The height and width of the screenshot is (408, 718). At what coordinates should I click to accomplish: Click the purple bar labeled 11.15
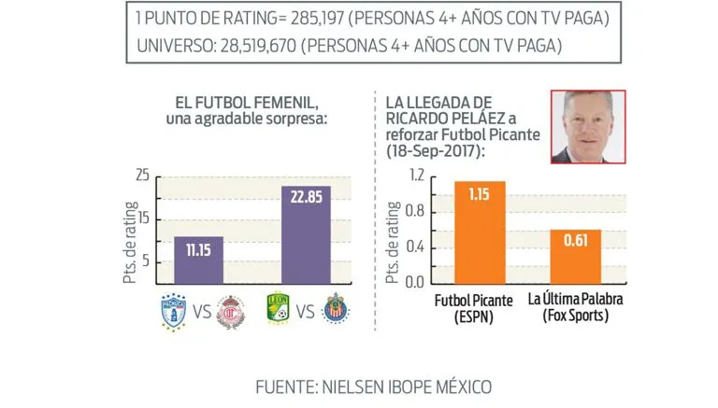[x=198, y=260]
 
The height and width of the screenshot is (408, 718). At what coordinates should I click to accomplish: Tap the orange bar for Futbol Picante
[x=480, y=232]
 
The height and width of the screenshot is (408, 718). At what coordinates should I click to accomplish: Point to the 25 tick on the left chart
[x=142, y=176]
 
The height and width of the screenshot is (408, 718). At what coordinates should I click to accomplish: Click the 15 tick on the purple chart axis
[x=143, y=218]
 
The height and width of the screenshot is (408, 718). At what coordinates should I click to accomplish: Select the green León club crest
[x=276, y=309]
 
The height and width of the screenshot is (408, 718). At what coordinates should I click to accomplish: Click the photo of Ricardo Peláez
[x=587, y=126]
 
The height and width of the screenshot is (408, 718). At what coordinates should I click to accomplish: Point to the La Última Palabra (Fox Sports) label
[x=574, y=308]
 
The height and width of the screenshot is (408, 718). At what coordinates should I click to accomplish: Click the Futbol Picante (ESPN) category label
[x=478, y=308]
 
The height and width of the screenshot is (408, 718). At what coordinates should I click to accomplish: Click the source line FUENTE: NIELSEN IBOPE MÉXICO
[x=360, y=386]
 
